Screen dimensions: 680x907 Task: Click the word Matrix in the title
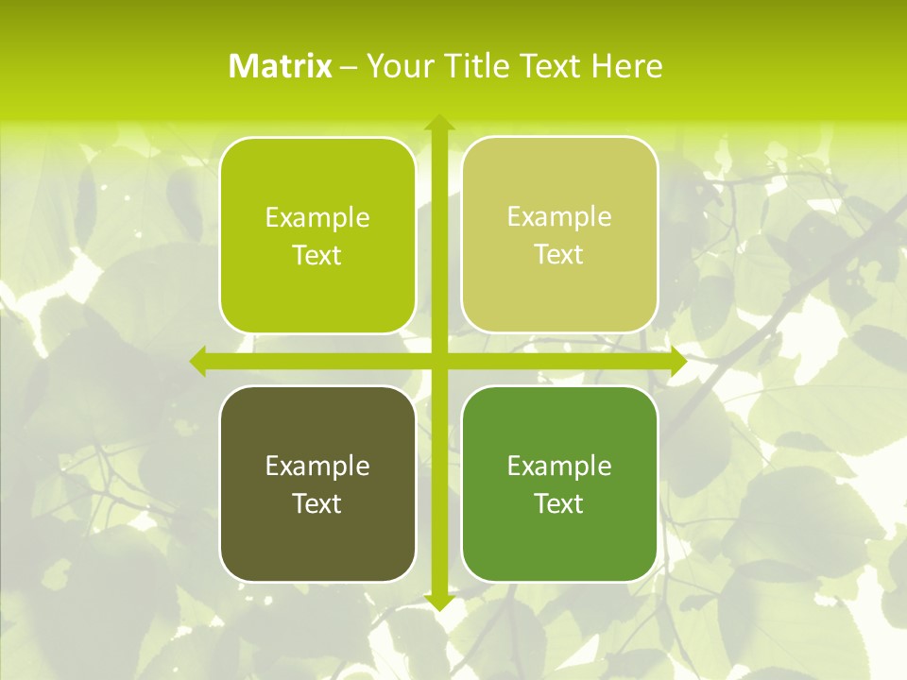click(281, 66)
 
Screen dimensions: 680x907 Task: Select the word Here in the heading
click(626, 66)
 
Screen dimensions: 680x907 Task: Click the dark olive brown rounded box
click(317, 548)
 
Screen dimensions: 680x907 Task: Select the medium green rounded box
click(559, 548)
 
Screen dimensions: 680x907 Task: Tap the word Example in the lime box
click(317, 218)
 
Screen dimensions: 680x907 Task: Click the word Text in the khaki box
click(559, 255)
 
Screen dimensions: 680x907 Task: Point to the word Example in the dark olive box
click(317, 466)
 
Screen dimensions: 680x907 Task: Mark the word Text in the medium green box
click(559, 503)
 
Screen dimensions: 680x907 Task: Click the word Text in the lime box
click(317, 256)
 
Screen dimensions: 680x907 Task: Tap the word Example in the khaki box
click(559, 217)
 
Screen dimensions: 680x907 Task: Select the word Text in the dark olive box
click(317, 503)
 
